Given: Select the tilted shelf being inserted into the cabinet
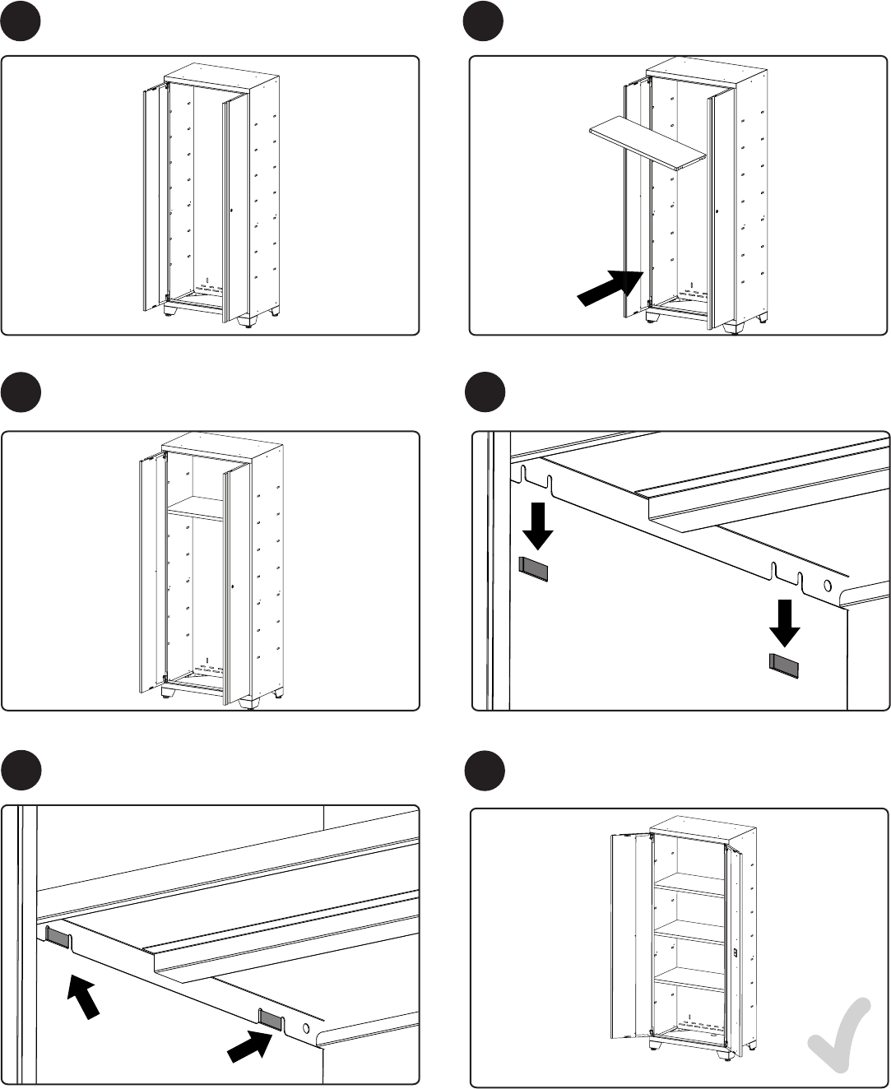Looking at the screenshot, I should tap(647, 142).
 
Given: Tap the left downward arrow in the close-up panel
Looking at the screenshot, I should tap(539, 526).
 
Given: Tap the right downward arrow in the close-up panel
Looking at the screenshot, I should tap(785, 622).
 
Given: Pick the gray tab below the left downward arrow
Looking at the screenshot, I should tap(534, 568).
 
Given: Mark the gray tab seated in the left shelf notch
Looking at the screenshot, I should tap(58, 936).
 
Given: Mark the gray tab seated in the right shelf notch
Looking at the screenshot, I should tap(271, 1018).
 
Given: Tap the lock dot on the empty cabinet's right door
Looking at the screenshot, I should tap(233, 211).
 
